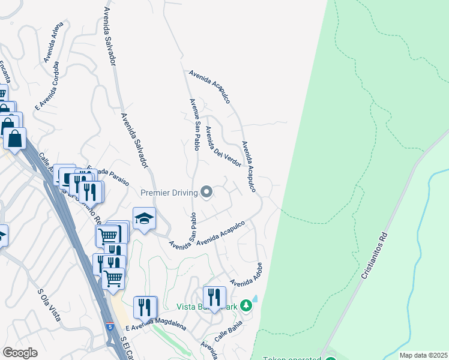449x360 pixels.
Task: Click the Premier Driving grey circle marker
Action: click(x=207, y=193)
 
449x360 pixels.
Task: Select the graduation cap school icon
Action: click(x=144, y=219)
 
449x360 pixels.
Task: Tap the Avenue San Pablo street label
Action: click(x=195, y=124)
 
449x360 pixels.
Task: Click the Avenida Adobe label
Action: click(x=247, y=275)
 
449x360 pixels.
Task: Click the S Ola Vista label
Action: click(x=50, y=305)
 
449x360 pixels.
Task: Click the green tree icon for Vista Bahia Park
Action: click(x=246, y=306)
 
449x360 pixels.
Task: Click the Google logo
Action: click(x=20, y=352)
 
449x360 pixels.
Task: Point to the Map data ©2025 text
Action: click(x=423, y=355)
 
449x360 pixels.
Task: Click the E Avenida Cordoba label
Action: click(x=47, y=86)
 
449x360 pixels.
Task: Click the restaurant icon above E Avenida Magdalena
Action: click(x=145, y=307)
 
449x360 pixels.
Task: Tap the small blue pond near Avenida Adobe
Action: click(x=255, y=298)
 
